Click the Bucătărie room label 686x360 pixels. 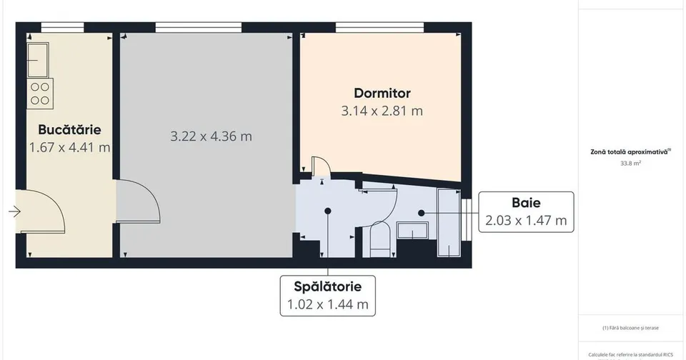[69, 129]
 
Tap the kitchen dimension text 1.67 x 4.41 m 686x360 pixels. [69, 147]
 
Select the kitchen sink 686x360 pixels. [38, 59]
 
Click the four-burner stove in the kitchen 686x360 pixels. [40, 94]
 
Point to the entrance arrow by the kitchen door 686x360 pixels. [14, 211]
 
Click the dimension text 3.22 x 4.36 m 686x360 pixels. [211, 136]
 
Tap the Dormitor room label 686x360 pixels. [382, 93]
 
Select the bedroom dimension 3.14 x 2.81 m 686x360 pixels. [382, 111]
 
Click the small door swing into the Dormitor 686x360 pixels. [322, 166]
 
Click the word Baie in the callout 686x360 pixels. [526, 203]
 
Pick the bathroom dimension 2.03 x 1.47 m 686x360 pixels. [526, 221]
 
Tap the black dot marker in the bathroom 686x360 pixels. [421, 213]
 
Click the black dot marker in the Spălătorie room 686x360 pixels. [328, 211]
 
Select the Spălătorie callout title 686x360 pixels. [328, 286]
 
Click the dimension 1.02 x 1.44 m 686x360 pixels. [328, 304]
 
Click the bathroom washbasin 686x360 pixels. [412, 231]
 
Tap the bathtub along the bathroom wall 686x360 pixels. [449, 223]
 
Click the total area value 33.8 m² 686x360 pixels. [630, 164]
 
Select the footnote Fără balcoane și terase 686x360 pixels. [630, 328]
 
